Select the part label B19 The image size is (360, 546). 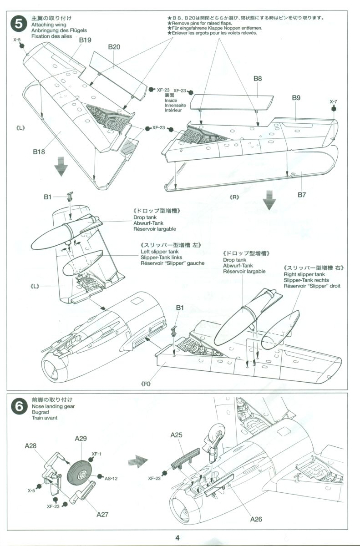click(86, 40)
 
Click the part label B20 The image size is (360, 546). click(114, 47)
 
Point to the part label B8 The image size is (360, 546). click(258, 78)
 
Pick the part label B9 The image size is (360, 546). click(296, 98)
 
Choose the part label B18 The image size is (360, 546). click(39, 152)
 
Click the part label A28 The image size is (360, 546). click(30, 446)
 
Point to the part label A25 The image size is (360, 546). click(177, 435)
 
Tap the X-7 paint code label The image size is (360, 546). click(334, 101)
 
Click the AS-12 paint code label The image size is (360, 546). click(112, 478)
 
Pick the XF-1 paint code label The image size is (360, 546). click(96, 454)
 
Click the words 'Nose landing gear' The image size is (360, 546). click(53, 406)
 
